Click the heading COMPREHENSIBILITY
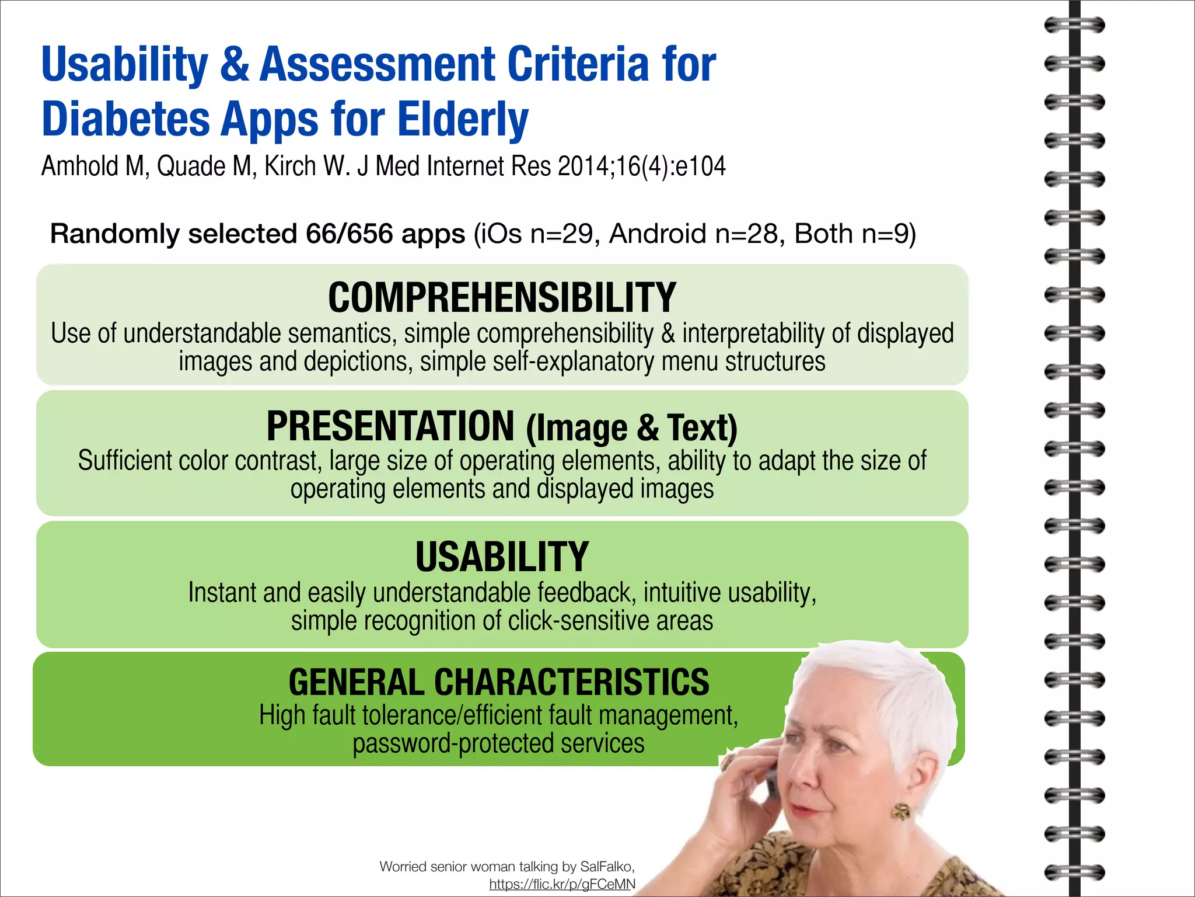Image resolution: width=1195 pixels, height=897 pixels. [502, 298]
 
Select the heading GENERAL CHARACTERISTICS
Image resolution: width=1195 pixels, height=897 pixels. [499, 682]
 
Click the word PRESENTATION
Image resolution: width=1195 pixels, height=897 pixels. [390, 426]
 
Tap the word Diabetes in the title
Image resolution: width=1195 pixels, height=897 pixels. [125, 119]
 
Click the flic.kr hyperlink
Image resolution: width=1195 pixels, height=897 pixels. [562, 884]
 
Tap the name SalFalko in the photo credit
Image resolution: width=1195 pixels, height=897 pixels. [606, 867]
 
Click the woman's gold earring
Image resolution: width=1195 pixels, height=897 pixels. [900, 811]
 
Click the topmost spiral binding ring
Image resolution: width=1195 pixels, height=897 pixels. [1074, 25]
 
